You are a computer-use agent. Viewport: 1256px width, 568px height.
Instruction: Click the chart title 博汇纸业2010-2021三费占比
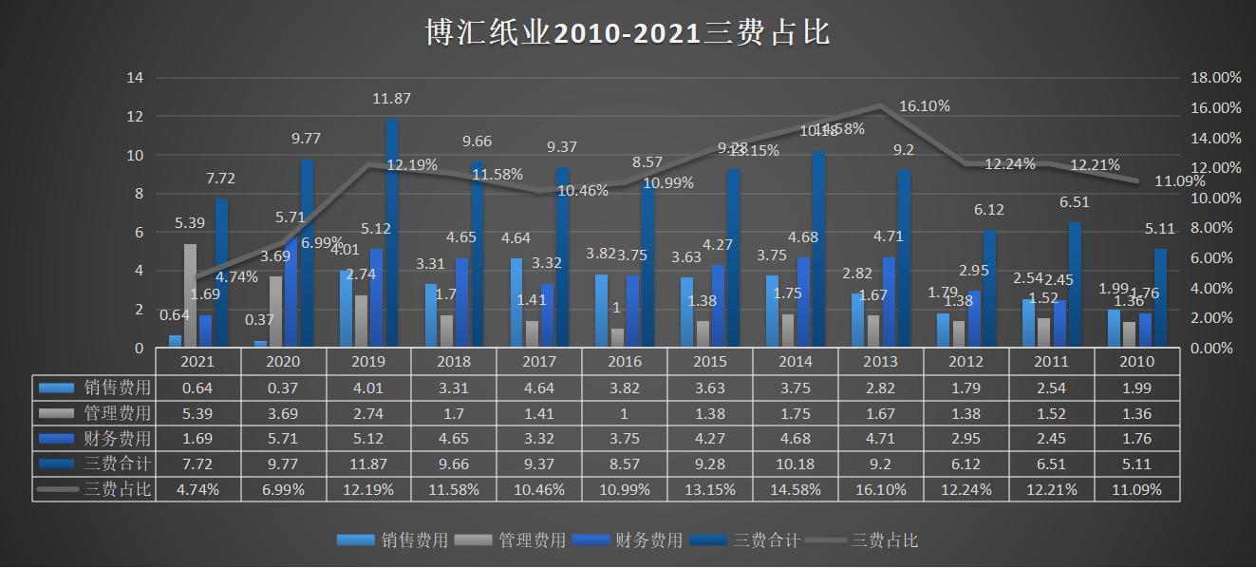627,33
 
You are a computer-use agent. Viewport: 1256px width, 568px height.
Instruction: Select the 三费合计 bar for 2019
391,234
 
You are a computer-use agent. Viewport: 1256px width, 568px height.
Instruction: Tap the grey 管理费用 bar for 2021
191,296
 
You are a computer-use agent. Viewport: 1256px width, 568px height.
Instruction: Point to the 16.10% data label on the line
924,106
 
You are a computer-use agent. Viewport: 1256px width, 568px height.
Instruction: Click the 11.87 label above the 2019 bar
391,99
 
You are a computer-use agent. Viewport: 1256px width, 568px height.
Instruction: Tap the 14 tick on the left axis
135,78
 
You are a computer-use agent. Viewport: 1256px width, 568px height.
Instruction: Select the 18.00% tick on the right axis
1215,78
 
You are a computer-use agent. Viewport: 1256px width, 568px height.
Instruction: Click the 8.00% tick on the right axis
1215,228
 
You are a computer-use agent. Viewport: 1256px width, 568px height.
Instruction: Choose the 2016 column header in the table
625,362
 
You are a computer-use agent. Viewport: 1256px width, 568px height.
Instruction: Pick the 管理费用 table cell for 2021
197,413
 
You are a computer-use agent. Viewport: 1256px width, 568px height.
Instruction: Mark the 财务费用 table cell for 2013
880,439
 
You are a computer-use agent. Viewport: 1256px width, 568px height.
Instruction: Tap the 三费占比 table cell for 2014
795,490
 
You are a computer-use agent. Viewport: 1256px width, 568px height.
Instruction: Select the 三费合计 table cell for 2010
1136,464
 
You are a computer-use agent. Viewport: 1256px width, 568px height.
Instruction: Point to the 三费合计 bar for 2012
989,289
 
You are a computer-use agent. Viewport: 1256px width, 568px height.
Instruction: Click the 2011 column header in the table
1051,362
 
